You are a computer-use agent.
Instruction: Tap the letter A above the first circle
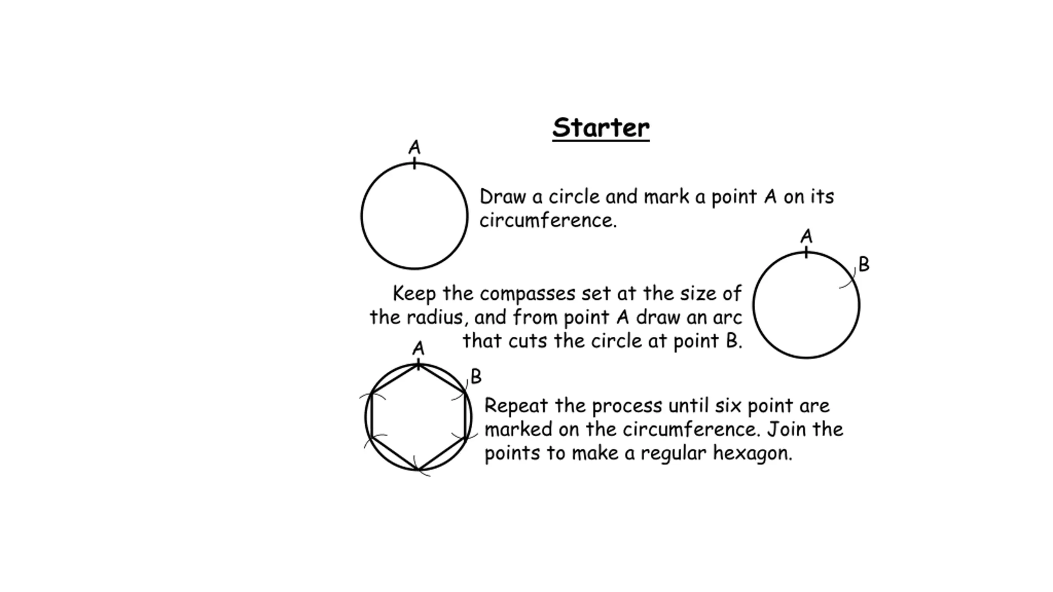tap(415, 147)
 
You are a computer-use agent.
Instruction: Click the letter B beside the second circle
tap(864, 264)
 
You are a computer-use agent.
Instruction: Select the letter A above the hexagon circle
tap(418, 348)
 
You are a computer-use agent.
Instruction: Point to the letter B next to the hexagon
tap(476, 376)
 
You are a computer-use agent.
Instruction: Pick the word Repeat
tap(516, 406)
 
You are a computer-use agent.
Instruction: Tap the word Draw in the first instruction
tap(503, 197)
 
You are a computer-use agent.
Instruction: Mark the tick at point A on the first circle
tap(415, 163)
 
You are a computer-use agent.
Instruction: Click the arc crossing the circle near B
tap(849, 280)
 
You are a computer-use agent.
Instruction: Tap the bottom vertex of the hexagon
tap(418, 469)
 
